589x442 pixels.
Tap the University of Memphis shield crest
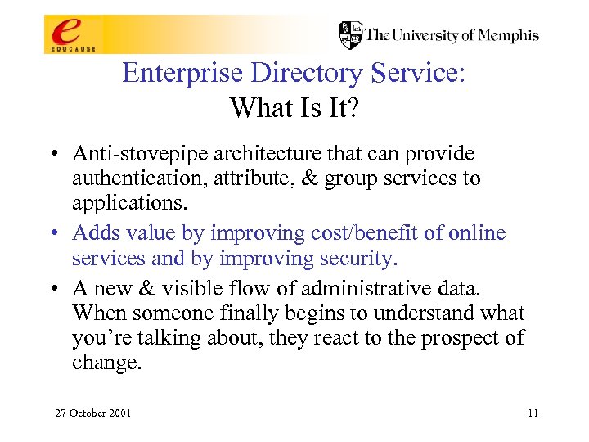pyautogui.click(x=351, y=35)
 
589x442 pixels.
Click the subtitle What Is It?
pyautogui.click(x=294, y=107)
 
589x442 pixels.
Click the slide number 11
pyautogui.click(x=533, y=413)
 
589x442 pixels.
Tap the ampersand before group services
pyautogui.click(x=310, y=178)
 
